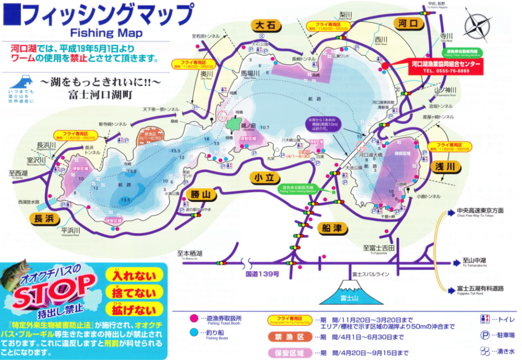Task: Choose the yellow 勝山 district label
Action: coord(201,194)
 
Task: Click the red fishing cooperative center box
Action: coord(446,67)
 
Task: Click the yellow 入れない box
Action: coord(134,276)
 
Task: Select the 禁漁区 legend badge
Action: coord(291,337)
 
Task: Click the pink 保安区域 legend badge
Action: coord(291,352)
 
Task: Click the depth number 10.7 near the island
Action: coord(264,127)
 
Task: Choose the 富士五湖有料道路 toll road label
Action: coord(480,289)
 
